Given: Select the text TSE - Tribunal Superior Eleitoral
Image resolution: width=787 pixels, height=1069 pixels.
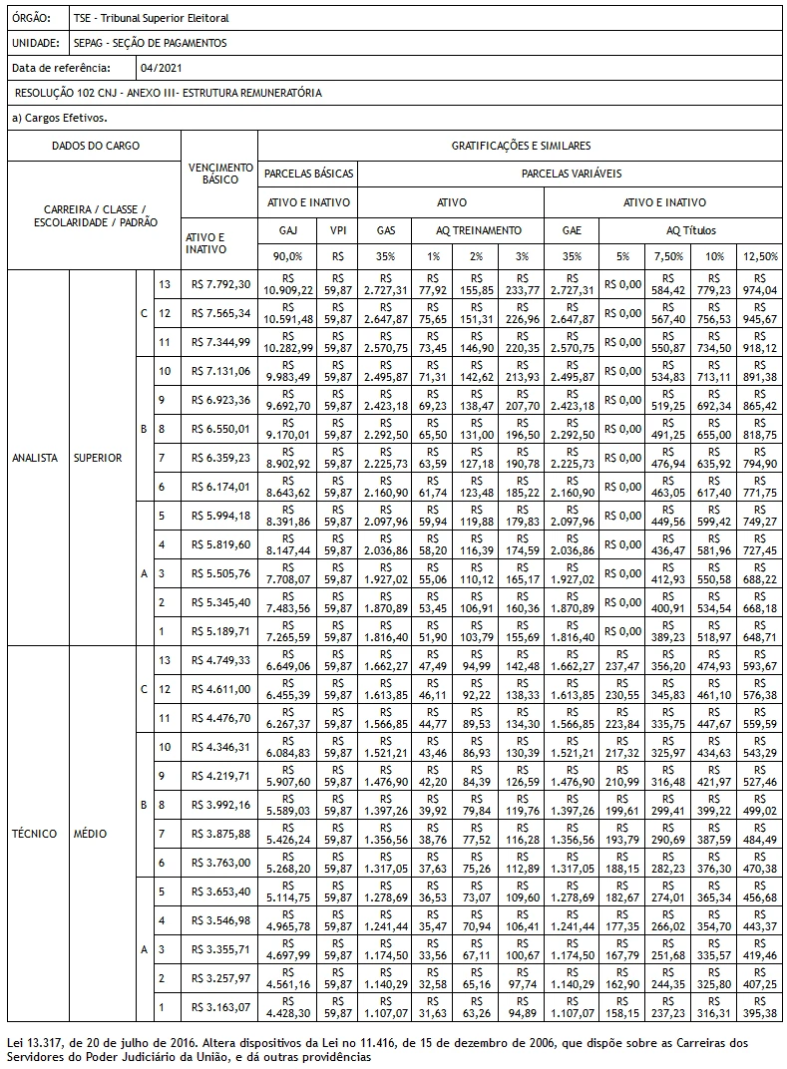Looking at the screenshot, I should (151, 19).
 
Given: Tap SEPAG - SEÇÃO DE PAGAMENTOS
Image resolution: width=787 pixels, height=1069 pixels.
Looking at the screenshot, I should (150, 44).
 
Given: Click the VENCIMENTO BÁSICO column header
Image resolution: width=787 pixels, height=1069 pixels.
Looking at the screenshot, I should (220, 174).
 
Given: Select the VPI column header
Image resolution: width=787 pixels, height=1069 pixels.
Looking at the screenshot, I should (338, 230).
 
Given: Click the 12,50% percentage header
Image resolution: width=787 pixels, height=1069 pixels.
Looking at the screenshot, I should (761, 256).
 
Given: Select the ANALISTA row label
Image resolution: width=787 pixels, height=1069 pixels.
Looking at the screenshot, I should (35, 458).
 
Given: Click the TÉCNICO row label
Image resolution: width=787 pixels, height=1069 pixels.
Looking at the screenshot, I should (35, 834).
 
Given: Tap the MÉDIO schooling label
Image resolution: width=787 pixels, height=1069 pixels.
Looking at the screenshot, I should (90, 834).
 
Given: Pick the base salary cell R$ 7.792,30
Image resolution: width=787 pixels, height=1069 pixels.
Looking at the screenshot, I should (220, 284).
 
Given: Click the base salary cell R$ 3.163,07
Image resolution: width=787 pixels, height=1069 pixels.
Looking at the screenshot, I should (220, 1007).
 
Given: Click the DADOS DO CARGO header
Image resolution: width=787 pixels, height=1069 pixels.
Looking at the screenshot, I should (96, 146).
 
